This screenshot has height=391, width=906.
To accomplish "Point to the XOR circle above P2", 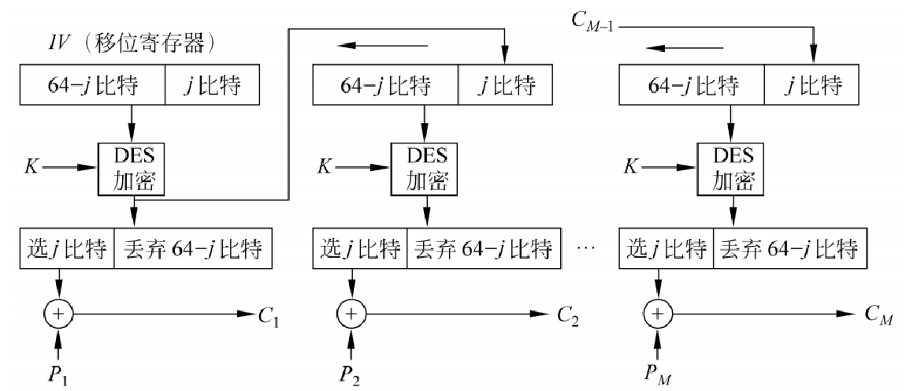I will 352,313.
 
